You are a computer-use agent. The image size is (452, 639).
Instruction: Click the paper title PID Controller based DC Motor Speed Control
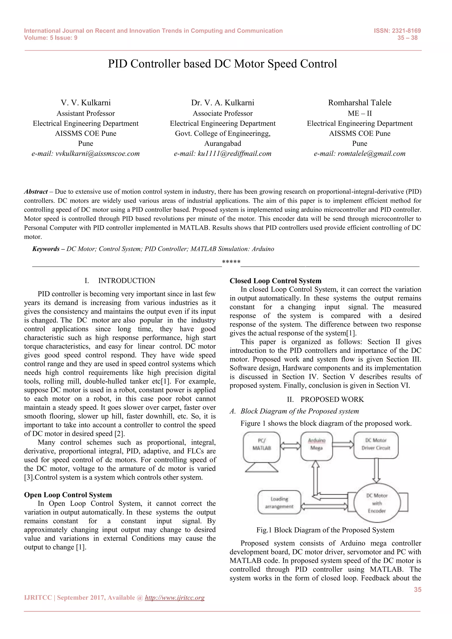coord(222,64)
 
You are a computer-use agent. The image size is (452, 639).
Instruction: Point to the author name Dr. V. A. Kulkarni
coord(222,103)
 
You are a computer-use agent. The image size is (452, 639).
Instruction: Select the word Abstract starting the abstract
coord(36,192)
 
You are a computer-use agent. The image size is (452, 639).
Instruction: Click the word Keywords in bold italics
coord(46,249)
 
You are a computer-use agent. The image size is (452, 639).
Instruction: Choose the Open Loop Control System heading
coord(68,495)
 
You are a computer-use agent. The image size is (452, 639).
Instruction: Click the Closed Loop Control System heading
coord(275,281)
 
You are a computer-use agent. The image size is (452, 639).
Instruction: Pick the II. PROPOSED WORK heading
coord(325,399)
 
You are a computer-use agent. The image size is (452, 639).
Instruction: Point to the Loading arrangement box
coord(279,502)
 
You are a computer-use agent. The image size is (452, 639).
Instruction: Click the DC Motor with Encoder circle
coord(377,503)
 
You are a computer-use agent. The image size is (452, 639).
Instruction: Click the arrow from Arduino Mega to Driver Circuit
coord(343,444)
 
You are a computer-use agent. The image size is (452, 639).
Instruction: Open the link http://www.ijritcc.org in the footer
coord(175,597)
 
